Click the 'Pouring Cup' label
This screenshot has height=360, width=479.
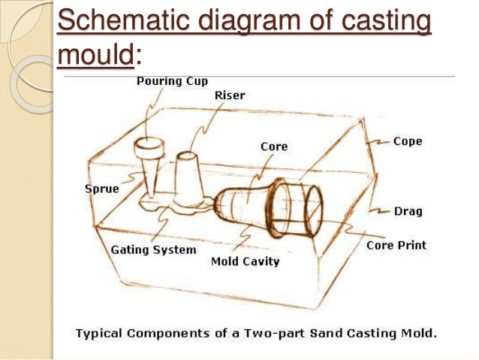point(171,80)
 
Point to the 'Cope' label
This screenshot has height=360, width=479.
point(408,141)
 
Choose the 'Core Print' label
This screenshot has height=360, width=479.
point(396,245)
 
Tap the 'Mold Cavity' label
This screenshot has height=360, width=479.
point(245,262)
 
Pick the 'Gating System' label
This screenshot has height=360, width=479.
point(153,250)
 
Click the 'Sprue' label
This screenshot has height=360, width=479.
point(99,189)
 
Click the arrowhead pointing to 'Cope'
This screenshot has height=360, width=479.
point(385,141)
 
